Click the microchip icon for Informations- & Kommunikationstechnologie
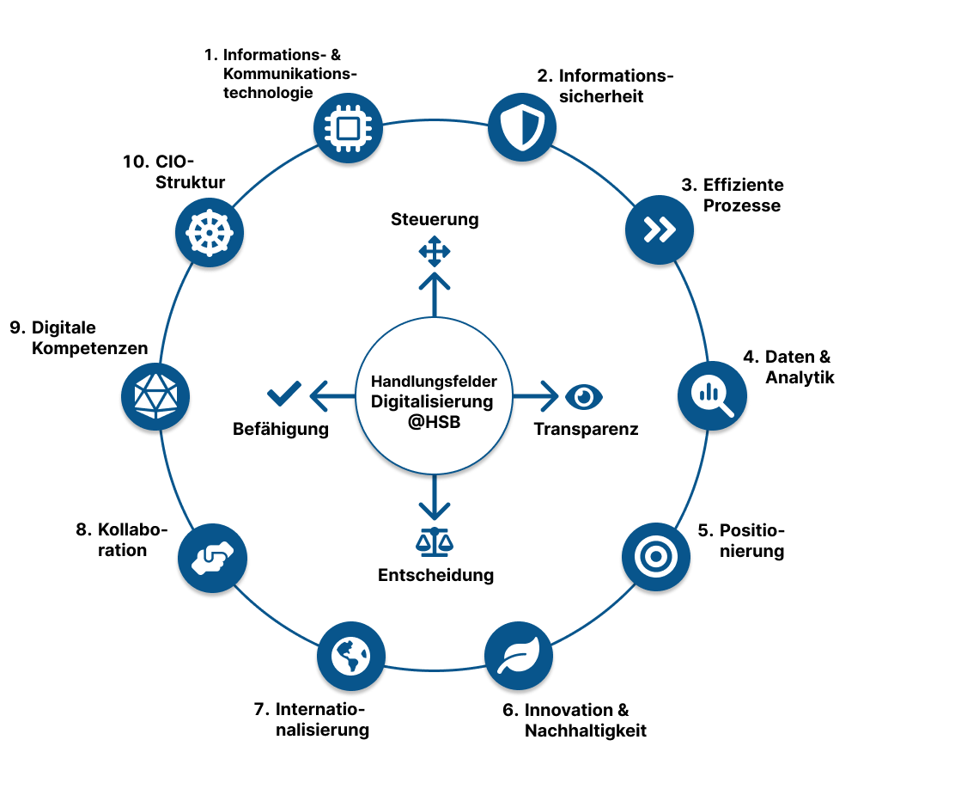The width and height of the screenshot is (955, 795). pyautogui.click(x=347, y=128)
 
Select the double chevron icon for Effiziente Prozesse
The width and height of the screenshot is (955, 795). pyautogui.click(x=659, y=229)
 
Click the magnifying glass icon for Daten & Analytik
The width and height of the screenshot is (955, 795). pyautogui.click(x=712, y=394)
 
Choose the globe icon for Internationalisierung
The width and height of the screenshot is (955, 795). pyautogui.click(x=351, y=657)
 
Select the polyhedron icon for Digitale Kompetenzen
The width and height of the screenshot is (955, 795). pyautogui.click(x=155, y=396)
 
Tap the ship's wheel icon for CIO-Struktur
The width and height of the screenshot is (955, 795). pyautogui.click(x=209, y=232)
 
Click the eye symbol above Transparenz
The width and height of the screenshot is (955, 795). pyautogui.click(x=585, y=396)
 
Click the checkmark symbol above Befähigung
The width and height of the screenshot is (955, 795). pyautogui.click(x=284, y=394)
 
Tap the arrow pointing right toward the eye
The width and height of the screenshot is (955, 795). pyautogui.click(x=535, y=396)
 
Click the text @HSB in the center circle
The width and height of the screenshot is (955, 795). pyautogui.click(x=434, y=422)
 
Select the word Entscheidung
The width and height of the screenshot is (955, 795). pyautogui.click(x=435, y=575)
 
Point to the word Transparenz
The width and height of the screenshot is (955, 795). pyautogui.click(x=586, y=429)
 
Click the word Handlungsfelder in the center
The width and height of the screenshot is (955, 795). pyautogui.click(x=434, y=381)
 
